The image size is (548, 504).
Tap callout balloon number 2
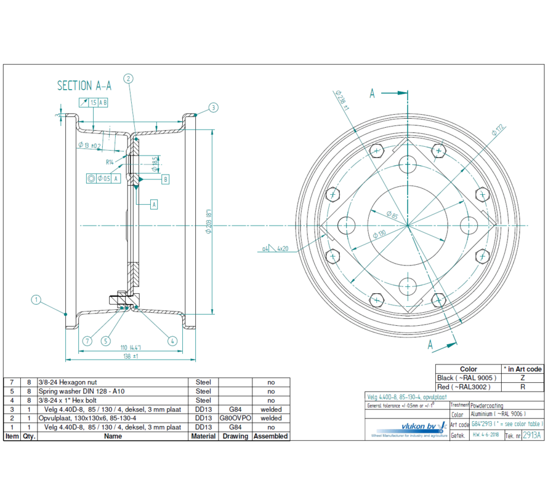(x=128, y=78)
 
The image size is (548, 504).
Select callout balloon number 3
(x=213, y=108)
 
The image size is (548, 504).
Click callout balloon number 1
(x=36, y=300)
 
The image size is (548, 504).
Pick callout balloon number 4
(x=172, y=341)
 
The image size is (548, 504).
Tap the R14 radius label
(x=109, y=162)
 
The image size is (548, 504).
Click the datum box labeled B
(x=165, y=179)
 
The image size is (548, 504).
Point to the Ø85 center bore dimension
(x=392, y=215)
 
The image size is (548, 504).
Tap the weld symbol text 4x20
(x=283, y=249)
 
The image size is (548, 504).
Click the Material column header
(x=203, y=436)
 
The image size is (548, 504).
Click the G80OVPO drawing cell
(x=235, y=418)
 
